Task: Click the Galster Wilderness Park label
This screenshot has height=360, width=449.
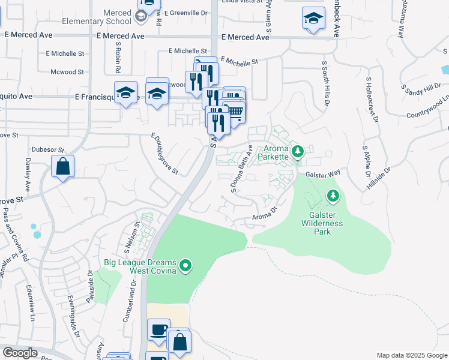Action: click(322, 224)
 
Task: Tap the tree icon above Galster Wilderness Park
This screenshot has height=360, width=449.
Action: click(332, 196)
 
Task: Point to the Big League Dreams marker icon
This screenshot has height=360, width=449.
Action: click(185, 265)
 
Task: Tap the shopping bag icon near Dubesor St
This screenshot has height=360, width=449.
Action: click(62, 166)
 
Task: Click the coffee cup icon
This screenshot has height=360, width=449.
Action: click(158, 329)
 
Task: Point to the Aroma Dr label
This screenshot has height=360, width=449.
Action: click(264, 214)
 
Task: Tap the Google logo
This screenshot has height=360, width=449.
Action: click(20, 353)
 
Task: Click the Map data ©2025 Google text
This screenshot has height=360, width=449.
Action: click(412, 355)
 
